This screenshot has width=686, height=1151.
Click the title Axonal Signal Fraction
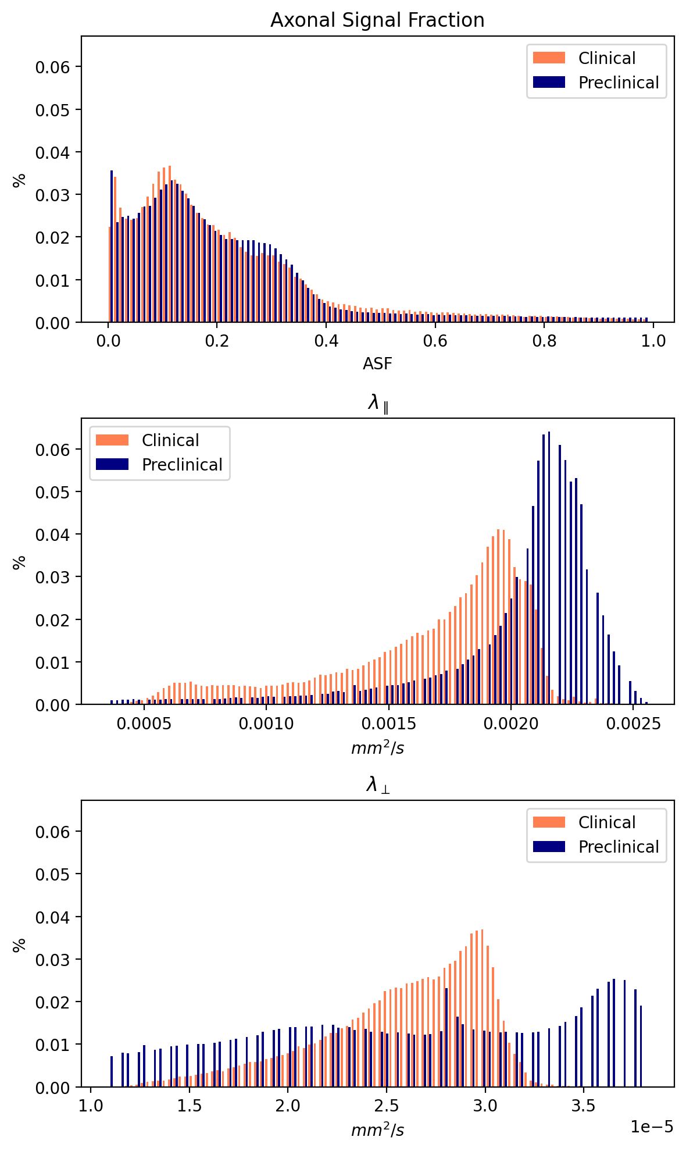click(x=377, y=20)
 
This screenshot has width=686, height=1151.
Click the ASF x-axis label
click(x=377, y=364)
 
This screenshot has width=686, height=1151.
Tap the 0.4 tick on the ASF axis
click(x=326, y=341)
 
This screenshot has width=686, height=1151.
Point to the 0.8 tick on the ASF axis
click(x=544, y=341)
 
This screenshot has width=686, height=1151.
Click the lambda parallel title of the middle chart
click(x=378, y=402)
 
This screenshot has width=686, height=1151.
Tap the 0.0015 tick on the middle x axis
click(x=389, y=723)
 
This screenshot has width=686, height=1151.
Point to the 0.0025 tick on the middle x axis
click(x=633, y=723)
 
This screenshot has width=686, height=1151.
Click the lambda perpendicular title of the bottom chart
click(x=378, y=785)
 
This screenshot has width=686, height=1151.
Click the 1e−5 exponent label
click(x=652, y=1127)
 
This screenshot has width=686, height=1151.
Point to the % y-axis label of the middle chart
click(x=20, y=561)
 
